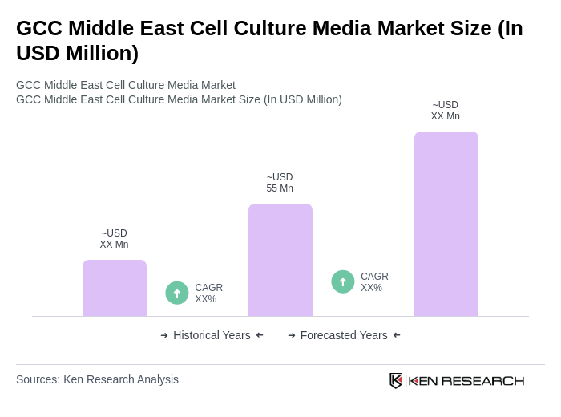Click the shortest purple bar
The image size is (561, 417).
(115, 288)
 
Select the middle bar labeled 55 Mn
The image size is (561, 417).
(280, 260)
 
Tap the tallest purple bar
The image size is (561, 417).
(446, 224)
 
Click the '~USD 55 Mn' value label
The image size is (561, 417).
(280, 183)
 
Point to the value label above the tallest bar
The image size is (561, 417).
(446, 111)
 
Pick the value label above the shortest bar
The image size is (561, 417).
(114, 239)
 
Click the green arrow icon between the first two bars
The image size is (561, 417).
(177, 293)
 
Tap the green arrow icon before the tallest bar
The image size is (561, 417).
(343, 281)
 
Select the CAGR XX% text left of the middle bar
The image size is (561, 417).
(208, 294)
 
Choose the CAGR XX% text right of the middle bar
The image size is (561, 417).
(374, 282)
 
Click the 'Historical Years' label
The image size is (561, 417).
(212, 335)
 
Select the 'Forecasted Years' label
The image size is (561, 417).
(344, 335)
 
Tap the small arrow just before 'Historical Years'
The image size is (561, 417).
(164, 335)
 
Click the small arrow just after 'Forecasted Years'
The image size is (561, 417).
(397, 335)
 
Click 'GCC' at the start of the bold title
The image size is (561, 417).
(39, 28)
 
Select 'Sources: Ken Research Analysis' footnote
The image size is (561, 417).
(97, 379)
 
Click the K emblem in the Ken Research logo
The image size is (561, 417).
(396, 380)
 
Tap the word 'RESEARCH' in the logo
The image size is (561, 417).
(482, 380)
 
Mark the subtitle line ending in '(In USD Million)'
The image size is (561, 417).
(179, 99)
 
